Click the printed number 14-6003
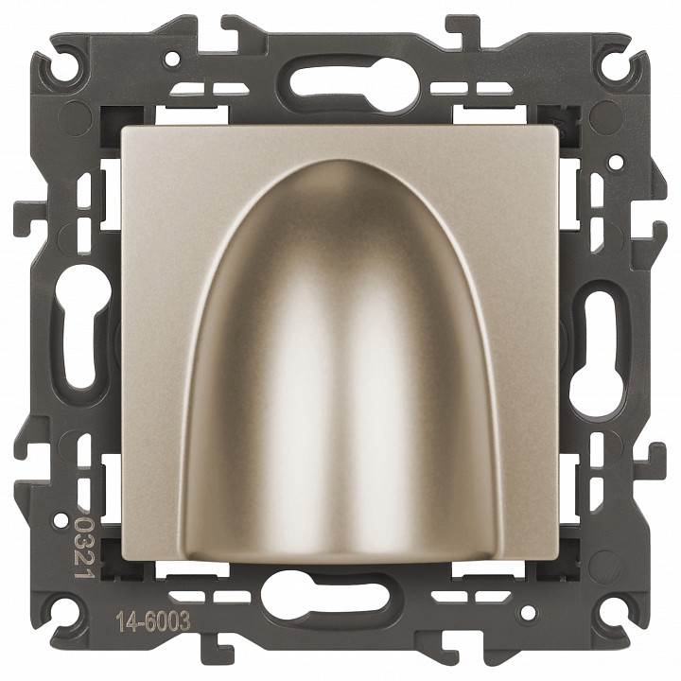(153, 622)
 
